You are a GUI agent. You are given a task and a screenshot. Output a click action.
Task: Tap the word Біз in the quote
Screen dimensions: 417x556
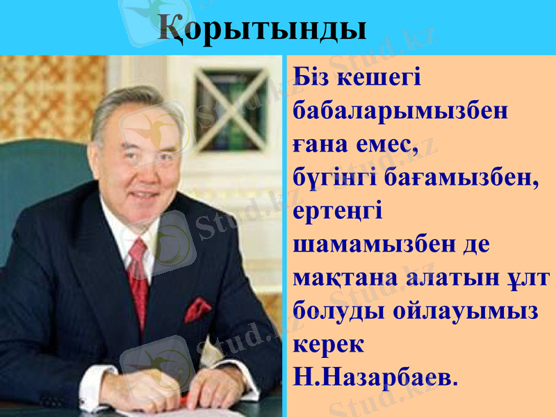tap(313, 76)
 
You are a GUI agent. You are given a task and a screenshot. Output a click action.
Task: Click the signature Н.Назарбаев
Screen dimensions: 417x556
tap(376, 377)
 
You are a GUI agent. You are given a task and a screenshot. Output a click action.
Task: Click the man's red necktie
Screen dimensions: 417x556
tap(138, 278)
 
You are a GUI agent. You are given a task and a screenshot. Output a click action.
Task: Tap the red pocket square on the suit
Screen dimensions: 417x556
tap(197, 310)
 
